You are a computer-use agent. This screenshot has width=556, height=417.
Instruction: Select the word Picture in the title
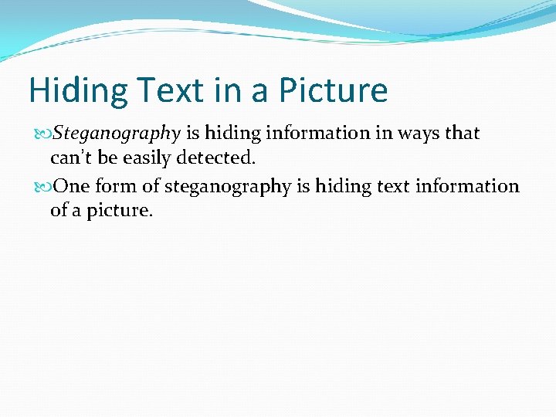333,91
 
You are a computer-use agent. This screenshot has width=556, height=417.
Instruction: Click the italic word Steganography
116,134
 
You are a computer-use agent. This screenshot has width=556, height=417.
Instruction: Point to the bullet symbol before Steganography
43,134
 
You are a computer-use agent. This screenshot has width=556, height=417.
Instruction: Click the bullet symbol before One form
43,187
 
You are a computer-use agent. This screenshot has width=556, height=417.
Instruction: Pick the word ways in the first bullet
419,133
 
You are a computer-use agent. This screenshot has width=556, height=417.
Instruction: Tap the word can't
72,159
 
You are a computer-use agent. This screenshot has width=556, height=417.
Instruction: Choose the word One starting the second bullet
73,186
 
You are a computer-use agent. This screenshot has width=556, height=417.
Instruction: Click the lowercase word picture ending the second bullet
119,210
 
